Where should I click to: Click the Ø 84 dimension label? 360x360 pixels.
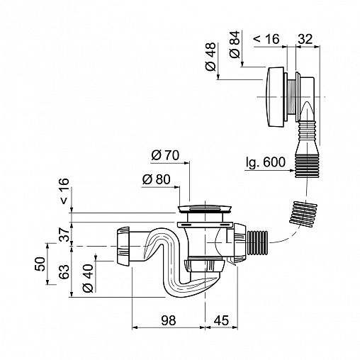coord(235,45)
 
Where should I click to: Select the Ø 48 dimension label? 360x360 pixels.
coord(210,57)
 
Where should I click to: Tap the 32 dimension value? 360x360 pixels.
coord(305,39)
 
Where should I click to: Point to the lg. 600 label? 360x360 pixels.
coord(265,162)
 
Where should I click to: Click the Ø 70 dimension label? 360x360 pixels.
coord(165,155)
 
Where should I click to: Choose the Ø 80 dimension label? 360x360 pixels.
coord(156,179)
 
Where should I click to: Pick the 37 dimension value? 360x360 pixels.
coord(64,235)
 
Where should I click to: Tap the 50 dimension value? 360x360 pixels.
coord(40,264)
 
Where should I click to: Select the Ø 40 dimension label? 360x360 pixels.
coord(88,279)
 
